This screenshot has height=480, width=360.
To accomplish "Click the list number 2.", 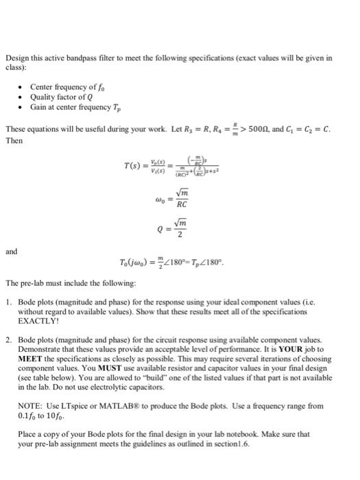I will (9, 339).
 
